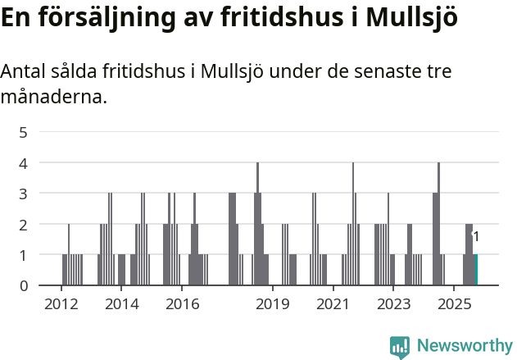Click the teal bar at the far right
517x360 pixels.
pyautogui.click(x=476, y=270)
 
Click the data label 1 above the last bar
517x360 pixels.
pyautogui.click(x=476, y=237)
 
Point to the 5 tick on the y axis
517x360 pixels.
pyautogui.click(x=24, y=132)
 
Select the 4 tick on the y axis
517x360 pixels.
pyautogui.click(x=24, y=162)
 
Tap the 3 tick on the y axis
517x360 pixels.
pyautogui.click(x=24, y=194)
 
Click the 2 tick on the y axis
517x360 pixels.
pyautogui.click(x=24, y=224)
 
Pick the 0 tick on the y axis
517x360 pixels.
pyautogui.click(x=24, y=285)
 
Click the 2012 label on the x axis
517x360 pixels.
pyautogui.click(x=61, y=304)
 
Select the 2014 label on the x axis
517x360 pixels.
pyautogui.click(x=121, y=304)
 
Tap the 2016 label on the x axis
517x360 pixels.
pyautogui.click(x=182, y=304)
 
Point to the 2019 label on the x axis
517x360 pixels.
pyautogui.click(x=272, y=304)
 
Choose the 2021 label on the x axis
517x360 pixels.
pyautogui.click(x=333, y=304)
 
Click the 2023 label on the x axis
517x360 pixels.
pyautogui.click(x=392, y=304)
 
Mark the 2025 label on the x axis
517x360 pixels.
pyautogui.click(x=453, y=304)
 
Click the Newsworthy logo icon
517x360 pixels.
pyautogui.click(x=400, y=347)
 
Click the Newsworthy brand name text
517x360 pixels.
pyautogui.click(x=465, y=347)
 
